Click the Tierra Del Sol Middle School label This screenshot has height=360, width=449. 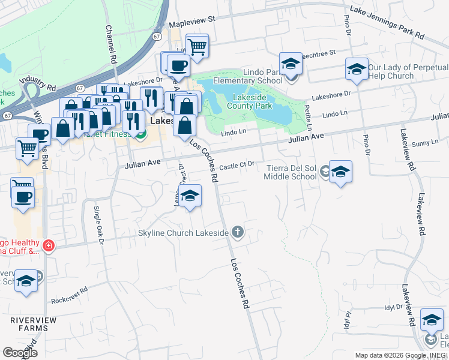[291, 172]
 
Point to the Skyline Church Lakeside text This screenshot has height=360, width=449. [184, 233]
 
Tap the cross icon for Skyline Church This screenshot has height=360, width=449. [238, 232]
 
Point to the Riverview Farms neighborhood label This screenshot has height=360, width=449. [33, 325]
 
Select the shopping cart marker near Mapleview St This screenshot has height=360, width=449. [197, 45]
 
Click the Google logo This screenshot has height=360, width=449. [20, 353]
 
